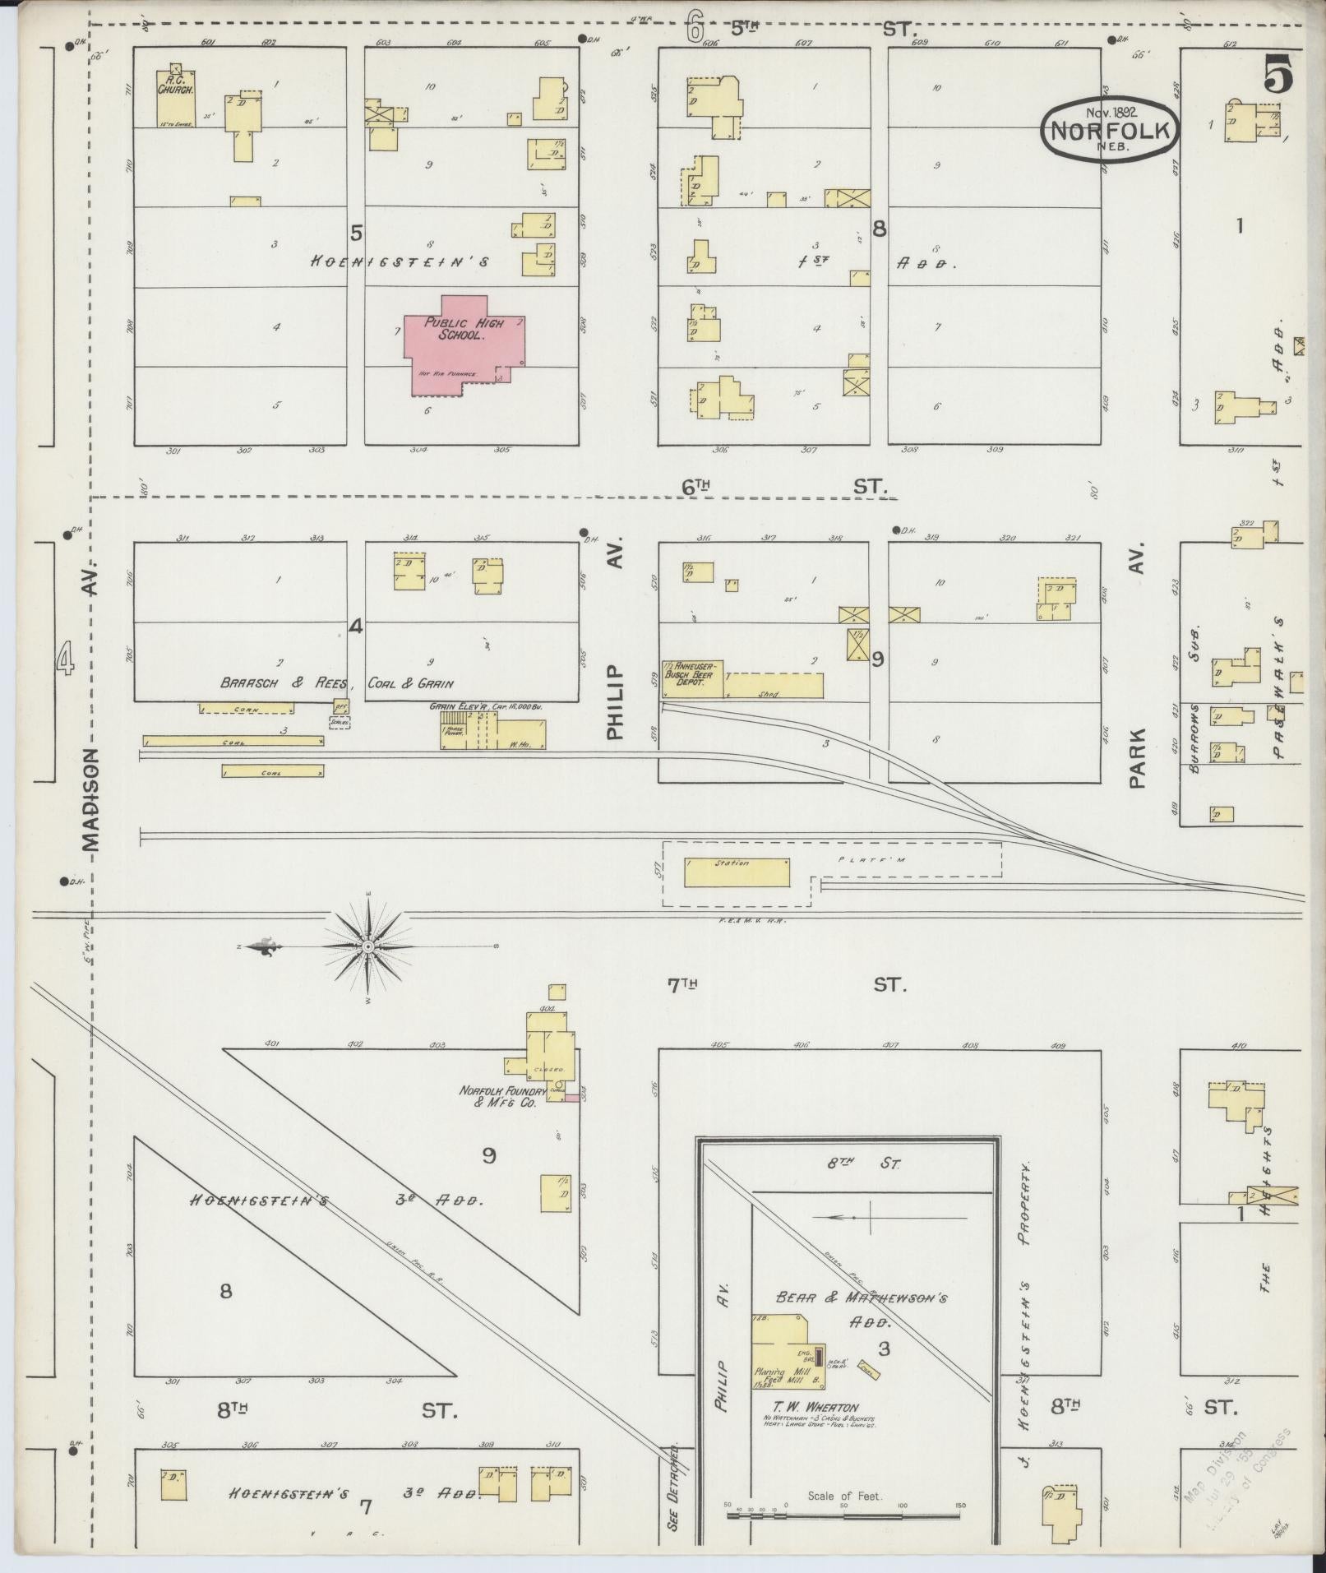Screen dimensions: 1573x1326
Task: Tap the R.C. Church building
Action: tap(176, 96)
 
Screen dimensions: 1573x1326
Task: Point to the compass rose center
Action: tap(369, 946)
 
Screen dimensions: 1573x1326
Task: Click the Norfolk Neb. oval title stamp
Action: tap(1111, 129)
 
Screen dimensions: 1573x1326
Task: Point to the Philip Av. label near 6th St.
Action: tap(617, 637)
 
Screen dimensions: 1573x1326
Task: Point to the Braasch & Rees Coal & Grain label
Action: tap(336, 683)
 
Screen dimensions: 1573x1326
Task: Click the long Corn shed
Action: tap(247, 708)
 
